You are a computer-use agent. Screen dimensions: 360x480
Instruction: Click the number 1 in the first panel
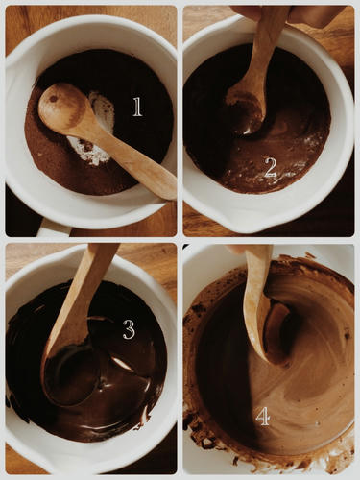(137, 107)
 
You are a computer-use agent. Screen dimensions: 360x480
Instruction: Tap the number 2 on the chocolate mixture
(271, 168)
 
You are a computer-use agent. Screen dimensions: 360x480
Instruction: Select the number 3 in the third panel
(129, 329)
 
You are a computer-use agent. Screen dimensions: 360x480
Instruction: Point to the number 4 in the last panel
(263, 417)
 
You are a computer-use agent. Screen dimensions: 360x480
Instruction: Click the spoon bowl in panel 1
(62, 105)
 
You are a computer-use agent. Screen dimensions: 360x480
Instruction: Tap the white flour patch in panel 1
(96, 128)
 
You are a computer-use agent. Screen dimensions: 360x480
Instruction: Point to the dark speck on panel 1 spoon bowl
(53, 99)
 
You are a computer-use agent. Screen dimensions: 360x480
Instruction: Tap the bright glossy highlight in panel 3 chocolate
(122, 364)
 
